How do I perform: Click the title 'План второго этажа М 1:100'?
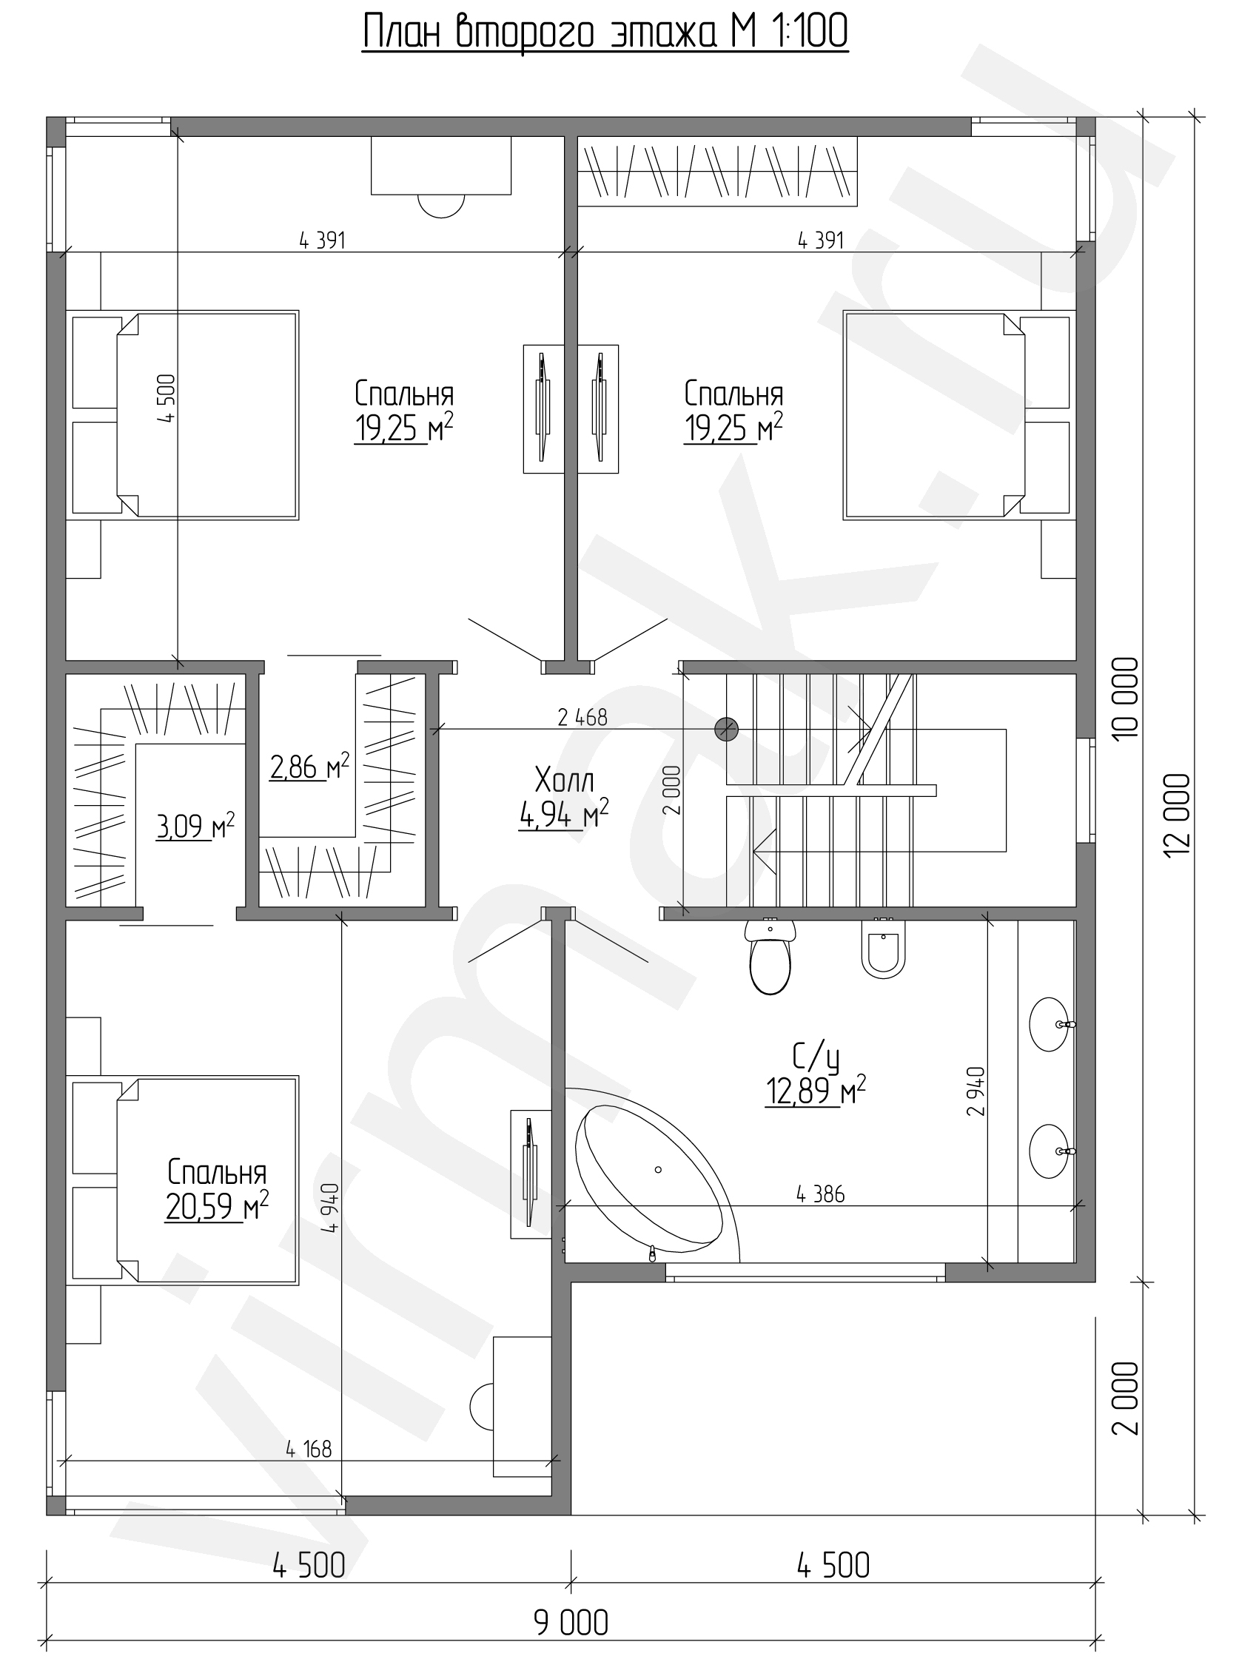[605, 33]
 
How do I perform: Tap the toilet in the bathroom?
[770, 956]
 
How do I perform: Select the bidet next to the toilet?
[884, 949]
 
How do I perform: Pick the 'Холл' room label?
[564, 781]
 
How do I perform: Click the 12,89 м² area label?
[815, 1091]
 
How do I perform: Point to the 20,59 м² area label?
[217, 1207]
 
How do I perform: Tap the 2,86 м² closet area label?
[309, 767]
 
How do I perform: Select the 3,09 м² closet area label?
[195, 826]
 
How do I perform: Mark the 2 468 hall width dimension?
[582, 718]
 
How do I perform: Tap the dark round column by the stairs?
[726, 729]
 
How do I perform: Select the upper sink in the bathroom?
[1050, 1024]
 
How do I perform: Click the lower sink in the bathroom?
[1050, 1151]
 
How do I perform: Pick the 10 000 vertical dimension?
[1126, 698]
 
